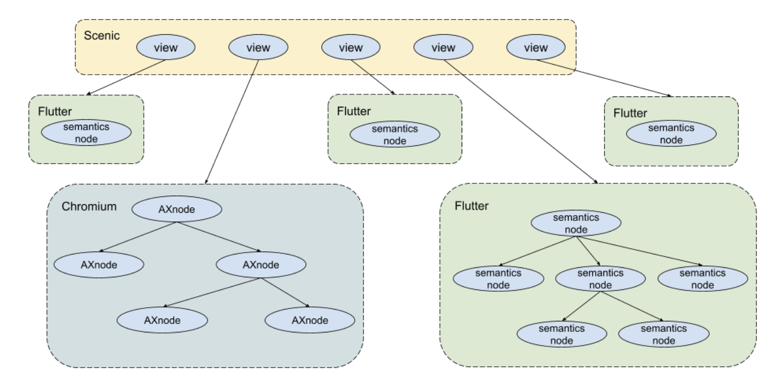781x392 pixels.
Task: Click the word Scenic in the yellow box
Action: pyautogui.click(x=101, y=36)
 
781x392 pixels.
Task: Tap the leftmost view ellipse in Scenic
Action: pyautogui.click(x=166, y=47)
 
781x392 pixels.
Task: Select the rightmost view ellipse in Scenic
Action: pyautogui.click(x=536, y=47)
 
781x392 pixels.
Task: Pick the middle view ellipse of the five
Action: pyautogui.click(x=351, y=47)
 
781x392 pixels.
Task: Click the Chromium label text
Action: pyautogui.click(x=89, y=206)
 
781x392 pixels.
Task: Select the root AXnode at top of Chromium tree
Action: pyautogui.click(x=177, y=209)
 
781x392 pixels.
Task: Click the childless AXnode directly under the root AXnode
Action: pyautogui.click(x=99, y=264)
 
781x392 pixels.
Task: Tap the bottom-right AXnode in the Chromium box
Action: pyautogui.click(x=310, y=320)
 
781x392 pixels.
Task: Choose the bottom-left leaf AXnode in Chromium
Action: pyautogui.click(x=162, y=320)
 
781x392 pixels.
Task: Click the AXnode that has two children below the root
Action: pyautogui.click(x=261, y=264)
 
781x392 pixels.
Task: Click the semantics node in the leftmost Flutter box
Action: pyautogui.click(x=86, y=132)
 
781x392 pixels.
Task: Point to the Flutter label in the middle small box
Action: pyautogui.click(x=353, y=111)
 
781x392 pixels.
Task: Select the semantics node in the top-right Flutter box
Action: pyautogui.click(x=671, y=133)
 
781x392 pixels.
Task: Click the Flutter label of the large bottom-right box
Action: pyautogui.click(x=471, y=206)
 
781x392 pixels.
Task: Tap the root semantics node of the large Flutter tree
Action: pyautogui.click(x=576, y=223)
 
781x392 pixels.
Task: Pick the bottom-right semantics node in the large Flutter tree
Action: pyautogui.click(x=664, y=334)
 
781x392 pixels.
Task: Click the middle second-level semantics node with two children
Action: pyautogui.click(x=600, y=279)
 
